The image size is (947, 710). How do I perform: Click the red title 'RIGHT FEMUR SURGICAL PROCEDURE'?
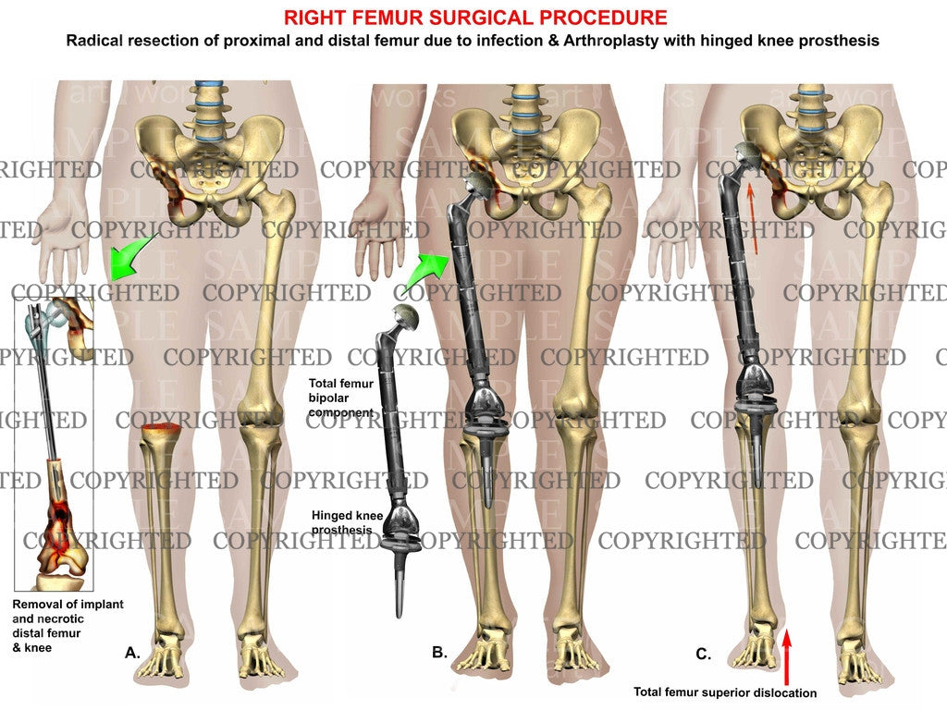[474, 18]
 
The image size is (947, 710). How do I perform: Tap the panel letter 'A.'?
[133, 654]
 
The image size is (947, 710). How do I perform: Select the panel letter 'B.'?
[439, 654]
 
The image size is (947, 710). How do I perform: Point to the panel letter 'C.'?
[704, 655]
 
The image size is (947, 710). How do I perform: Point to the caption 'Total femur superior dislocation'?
[726, 692]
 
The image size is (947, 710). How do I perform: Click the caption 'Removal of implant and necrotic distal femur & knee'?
[68, 626]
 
